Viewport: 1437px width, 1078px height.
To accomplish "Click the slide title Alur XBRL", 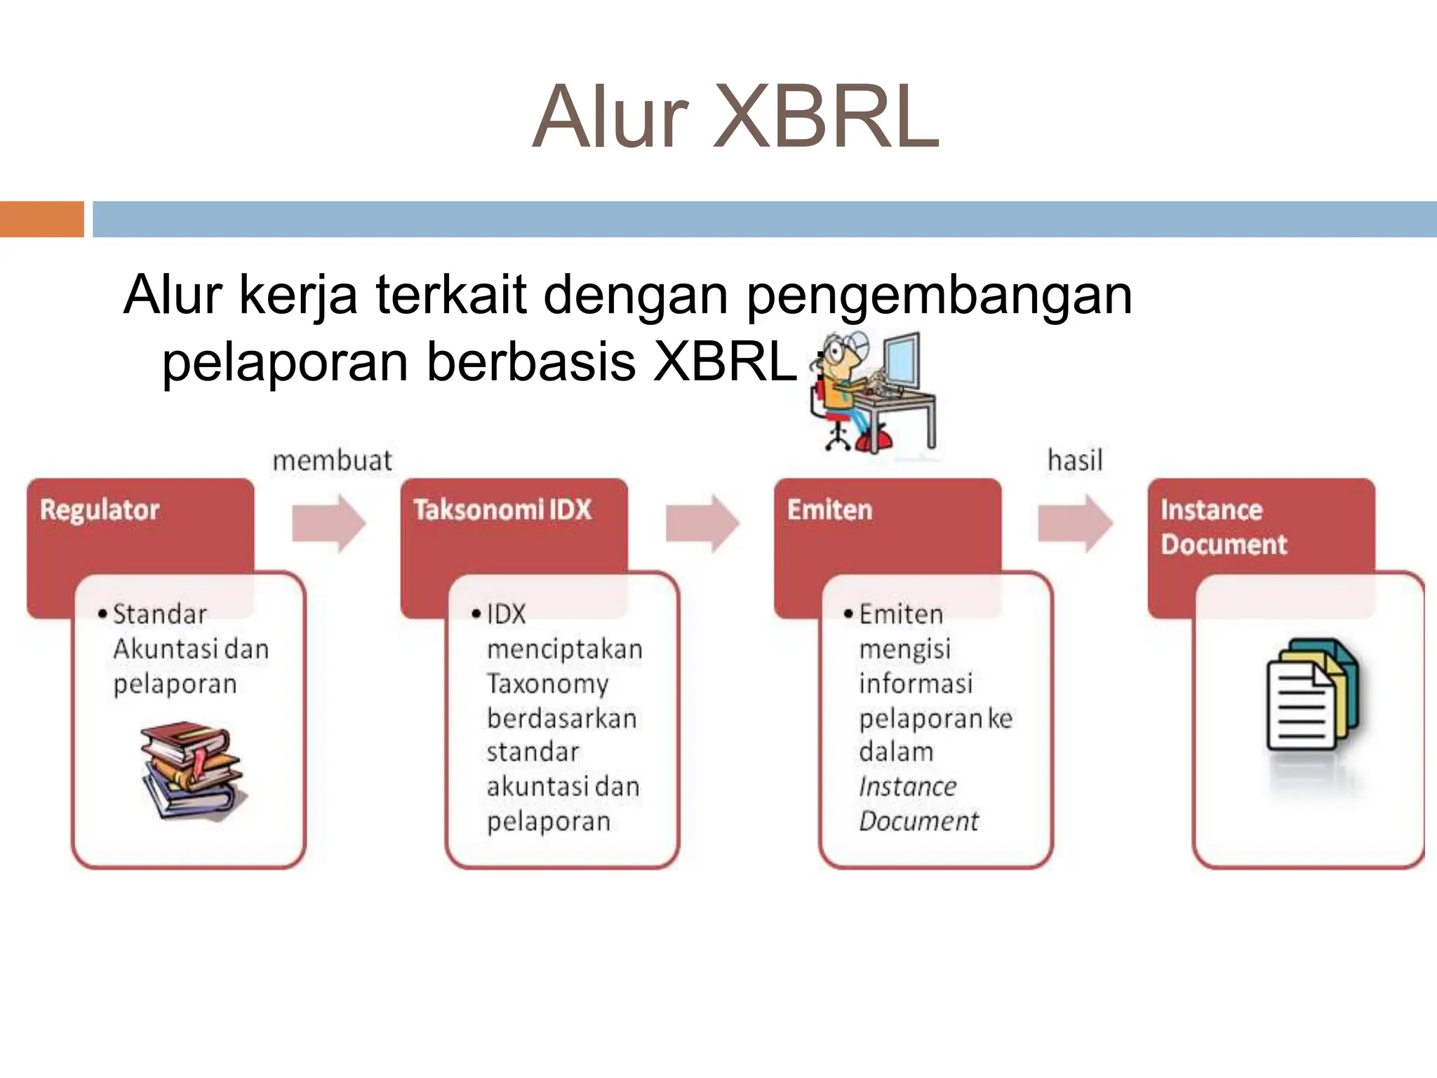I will click(735, 117).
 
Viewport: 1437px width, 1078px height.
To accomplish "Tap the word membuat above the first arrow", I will click(332, 461).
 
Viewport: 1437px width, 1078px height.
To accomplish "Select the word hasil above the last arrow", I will click(1075, 461).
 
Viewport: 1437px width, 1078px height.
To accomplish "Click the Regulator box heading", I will click(100, 510).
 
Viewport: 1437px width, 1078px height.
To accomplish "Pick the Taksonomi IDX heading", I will click(502, 510).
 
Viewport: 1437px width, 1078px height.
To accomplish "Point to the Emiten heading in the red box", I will click(829, 510).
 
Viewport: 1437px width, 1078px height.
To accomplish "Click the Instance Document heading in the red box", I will click(1223, 527).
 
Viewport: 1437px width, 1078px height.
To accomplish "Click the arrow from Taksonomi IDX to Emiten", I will click(702, 524).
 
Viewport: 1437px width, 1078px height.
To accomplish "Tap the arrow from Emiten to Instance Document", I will click(1075, 524).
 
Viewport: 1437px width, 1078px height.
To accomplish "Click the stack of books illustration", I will click(192, 770).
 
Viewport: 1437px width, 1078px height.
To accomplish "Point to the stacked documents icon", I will click(1311, 694).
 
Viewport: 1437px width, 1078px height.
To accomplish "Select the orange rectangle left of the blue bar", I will click(41, 219).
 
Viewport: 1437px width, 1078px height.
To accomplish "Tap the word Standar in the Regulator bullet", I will click(160, 614).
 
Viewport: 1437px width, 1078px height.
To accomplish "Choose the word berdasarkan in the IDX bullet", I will click(561, 718).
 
